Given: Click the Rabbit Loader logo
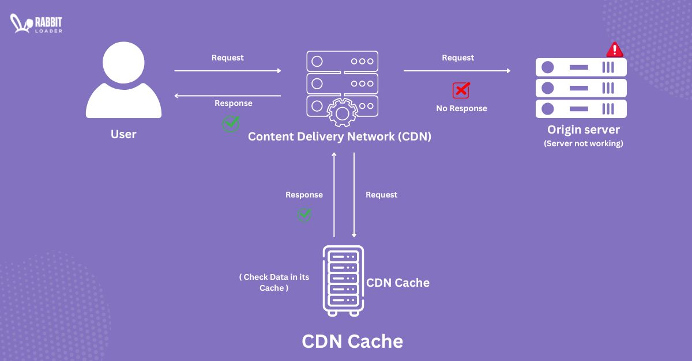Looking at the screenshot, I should (36, 24).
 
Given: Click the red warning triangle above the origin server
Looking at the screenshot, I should (615, 50).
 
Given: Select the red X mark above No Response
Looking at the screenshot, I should (461, 90).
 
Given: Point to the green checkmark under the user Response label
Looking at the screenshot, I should (231, 123).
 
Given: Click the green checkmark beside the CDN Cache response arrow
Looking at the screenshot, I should (304, 215).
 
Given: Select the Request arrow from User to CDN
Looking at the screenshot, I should (228, 71).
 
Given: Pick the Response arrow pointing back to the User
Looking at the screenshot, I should (228, 96).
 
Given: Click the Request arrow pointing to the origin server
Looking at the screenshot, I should (457, 71).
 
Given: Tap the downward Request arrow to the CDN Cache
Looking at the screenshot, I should (354, 196).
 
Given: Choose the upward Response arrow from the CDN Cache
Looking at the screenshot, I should (334, 196).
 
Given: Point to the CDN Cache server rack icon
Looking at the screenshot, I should (343, 281).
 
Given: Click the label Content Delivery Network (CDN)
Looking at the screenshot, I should (340, 137).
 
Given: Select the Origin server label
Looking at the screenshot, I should (583, 130).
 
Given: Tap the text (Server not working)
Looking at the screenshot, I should (583, 143).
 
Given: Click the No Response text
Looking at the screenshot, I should (461, 108).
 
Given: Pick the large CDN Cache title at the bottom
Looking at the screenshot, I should (352, 341).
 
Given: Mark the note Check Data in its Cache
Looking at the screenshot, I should (274, 282).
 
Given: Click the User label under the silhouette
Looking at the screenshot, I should (123, 134).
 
